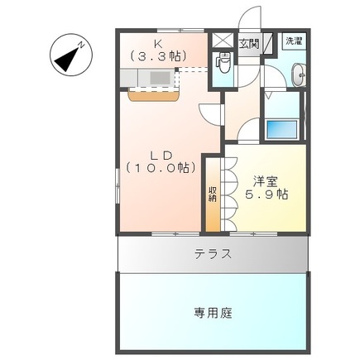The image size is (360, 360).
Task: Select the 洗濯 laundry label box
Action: pos(293,41)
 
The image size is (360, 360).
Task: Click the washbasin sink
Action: pos(300,77)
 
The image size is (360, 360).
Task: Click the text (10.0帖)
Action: pos(161,168)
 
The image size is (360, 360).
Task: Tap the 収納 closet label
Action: pos(213,194)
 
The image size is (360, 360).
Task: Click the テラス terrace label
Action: pos(213,255)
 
